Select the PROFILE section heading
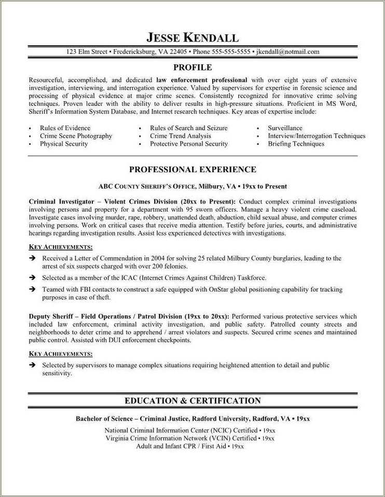(x=192, y=67)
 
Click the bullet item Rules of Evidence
(x=65, y=128)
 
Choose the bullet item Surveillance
(x=285, y=128)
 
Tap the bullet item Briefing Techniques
(x=296, y=144)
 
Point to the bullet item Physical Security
(x=64, y=144)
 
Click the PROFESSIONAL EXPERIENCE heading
(x=192, y=169)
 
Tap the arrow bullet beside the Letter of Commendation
(x=32, y=258)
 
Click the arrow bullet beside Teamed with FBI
(x=32, y=290)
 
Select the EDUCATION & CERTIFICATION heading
(x=192, y=401)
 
